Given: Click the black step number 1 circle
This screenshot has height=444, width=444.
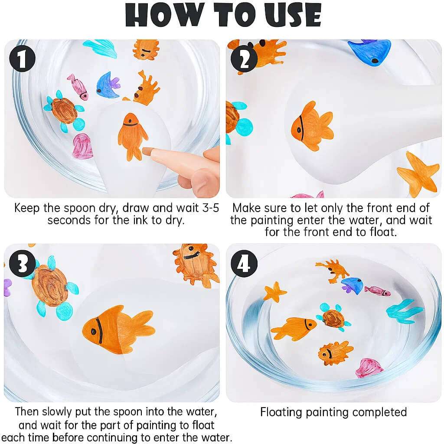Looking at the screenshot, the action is click(x=22, y=59).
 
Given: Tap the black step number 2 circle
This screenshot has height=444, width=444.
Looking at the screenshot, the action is click(x=244, y=59).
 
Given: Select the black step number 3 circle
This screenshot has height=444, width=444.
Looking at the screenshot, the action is click(x=23, y=264).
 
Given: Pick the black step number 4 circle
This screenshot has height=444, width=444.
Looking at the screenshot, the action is click(x=244, y=264).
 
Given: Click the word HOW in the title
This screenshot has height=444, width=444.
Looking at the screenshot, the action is click(x=165, y=15).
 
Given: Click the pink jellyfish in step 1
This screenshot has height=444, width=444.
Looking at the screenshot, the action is click(x=82, y=146).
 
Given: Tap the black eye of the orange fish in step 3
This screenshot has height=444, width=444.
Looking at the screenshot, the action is click(x=93, y=331).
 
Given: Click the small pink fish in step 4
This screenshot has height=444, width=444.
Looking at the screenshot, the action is click(x=377, y=291).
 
